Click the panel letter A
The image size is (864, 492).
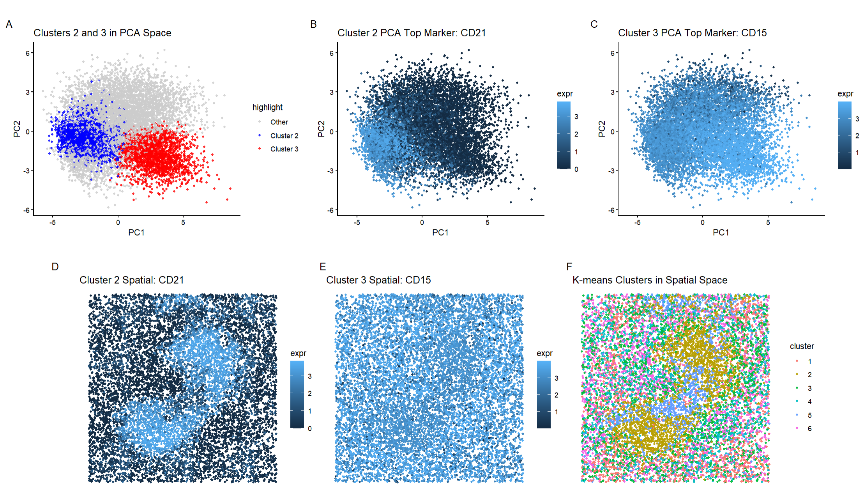click(9, 25)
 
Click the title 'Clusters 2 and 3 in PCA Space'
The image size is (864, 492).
click(102, 33)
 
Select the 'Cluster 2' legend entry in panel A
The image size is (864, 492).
click(284, 136)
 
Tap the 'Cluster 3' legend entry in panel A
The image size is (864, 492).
click(284, 149)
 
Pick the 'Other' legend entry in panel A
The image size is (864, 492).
click(279, 122)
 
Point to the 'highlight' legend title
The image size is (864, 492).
click(267, 107)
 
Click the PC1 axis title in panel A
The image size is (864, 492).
click(136, 233)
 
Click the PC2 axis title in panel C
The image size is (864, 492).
click(602, 129)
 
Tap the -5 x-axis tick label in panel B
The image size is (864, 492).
click(357, 223)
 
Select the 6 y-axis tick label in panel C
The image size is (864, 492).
click(612, 53)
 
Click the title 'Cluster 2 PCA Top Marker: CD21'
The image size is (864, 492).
click(412, 33)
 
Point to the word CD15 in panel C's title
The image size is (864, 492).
click(754, 33)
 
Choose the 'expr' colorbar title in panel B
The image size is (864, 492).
click(565, 94)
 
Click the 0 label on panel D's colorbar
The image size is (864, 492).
click(310, 429)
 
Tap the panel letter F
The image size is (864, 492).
click(569, 266)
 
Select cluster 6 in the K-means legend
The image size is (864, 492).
click(809, 429)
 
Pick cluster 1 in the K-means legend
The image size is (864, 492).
click(809, 362)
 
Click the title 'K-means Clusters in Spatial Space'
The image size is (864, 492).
click(650, 280)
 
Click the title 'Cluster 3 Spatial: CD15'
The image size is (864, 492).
click(378, 280)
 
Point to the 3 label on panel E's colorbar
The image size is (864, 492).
click(557, 378)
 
